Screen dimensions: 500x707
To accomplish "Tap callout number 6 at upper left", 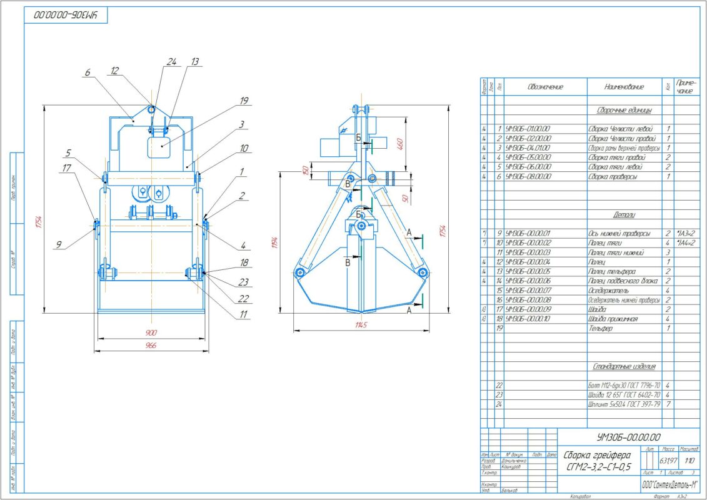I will click(x=87, y=72).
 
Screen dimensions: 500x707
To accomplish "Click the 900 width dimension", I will click(x=151, y=332).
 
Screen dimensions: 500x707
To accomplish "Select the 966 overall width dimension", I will click(x=151, y=345).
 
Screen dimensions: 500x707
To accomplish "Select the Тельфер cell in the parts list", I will click(x=601, y=328).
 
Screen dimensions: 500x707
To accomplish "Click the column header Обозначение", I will click(x=545, y=87).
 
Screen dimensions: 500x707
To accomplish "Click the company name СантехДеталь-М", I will click(x=669, y=484).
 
